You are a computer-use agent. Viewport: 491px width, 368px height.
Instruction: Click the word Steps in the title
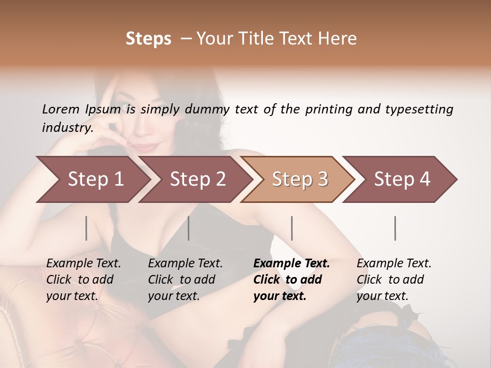(x=148, y=39)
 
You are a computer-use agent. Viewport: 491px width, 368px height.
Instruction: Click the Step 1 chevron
(x=92, y=179)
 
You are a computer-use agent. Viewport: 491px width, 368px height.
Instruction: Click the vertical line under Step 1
(x=86, y=228)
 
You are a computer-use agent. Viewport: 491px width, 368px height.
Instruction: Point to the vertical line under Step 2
(x=189, y=228)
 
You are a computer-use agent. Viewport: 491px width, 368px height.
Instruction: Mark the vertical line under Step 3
(x=292, y=228)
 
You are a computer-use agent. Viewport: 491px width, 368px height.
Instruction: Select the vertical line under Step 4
(x=395, y=228)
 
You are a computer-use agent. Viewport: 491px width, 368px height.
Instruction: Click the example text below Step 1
(x=83, y=280)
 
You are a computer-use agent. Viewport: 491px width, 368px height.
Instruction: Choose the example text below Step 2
(x=185, y=280)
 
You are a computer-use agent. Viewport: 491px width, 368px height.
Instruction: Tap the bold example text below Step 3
(x=292, y=280)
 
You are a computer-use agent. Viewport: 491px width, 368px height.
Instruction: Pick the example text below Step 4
(x=394, y=280)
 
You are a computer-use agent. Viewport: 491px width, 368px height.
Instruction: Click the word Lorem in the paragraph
(x=60, y=109)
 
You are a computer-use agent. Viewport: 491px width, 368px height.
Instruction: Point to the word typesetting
(x=419, y=109)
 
